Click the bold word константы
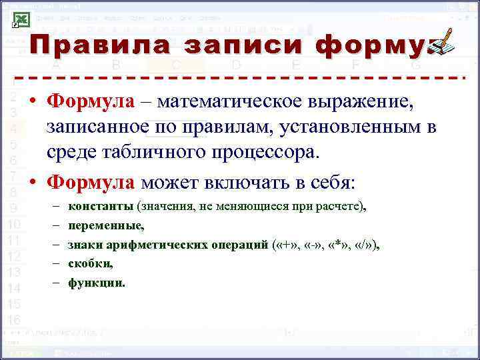(101, 206)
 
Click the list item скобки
(91, 263)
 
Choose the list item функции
(96, 283)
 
